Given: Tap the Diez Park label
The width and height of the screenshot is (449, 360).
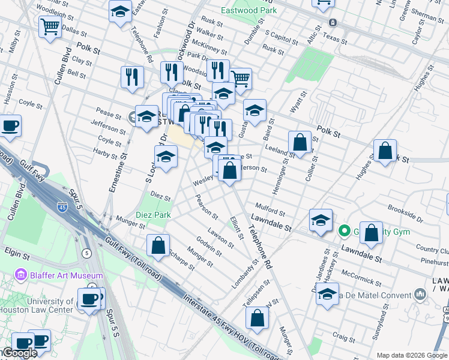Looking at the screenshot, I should coord(153,215).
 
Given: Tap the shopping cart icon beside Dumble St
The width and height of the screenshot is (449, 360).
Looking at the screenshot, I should coord(241,77).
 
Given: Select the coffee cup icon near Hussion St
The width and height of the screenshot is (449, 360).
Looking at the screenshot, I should coord(10,126).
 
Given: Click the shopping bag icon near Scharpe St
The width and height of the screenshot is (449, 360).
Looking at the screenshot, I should coord(158,246).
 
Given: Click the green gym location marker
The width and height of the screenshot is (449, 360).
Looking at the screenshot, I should coord(344,230).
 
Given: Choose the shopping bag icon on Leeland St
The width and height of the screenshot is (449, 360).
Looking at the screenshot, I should coord(300,143).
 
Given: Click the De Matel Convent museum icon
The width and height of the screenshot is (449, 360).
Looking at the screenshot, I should coord(420,294).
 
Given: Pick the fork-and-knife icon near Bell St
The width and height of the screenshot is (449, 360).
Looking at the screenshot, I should coord(131,77).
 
